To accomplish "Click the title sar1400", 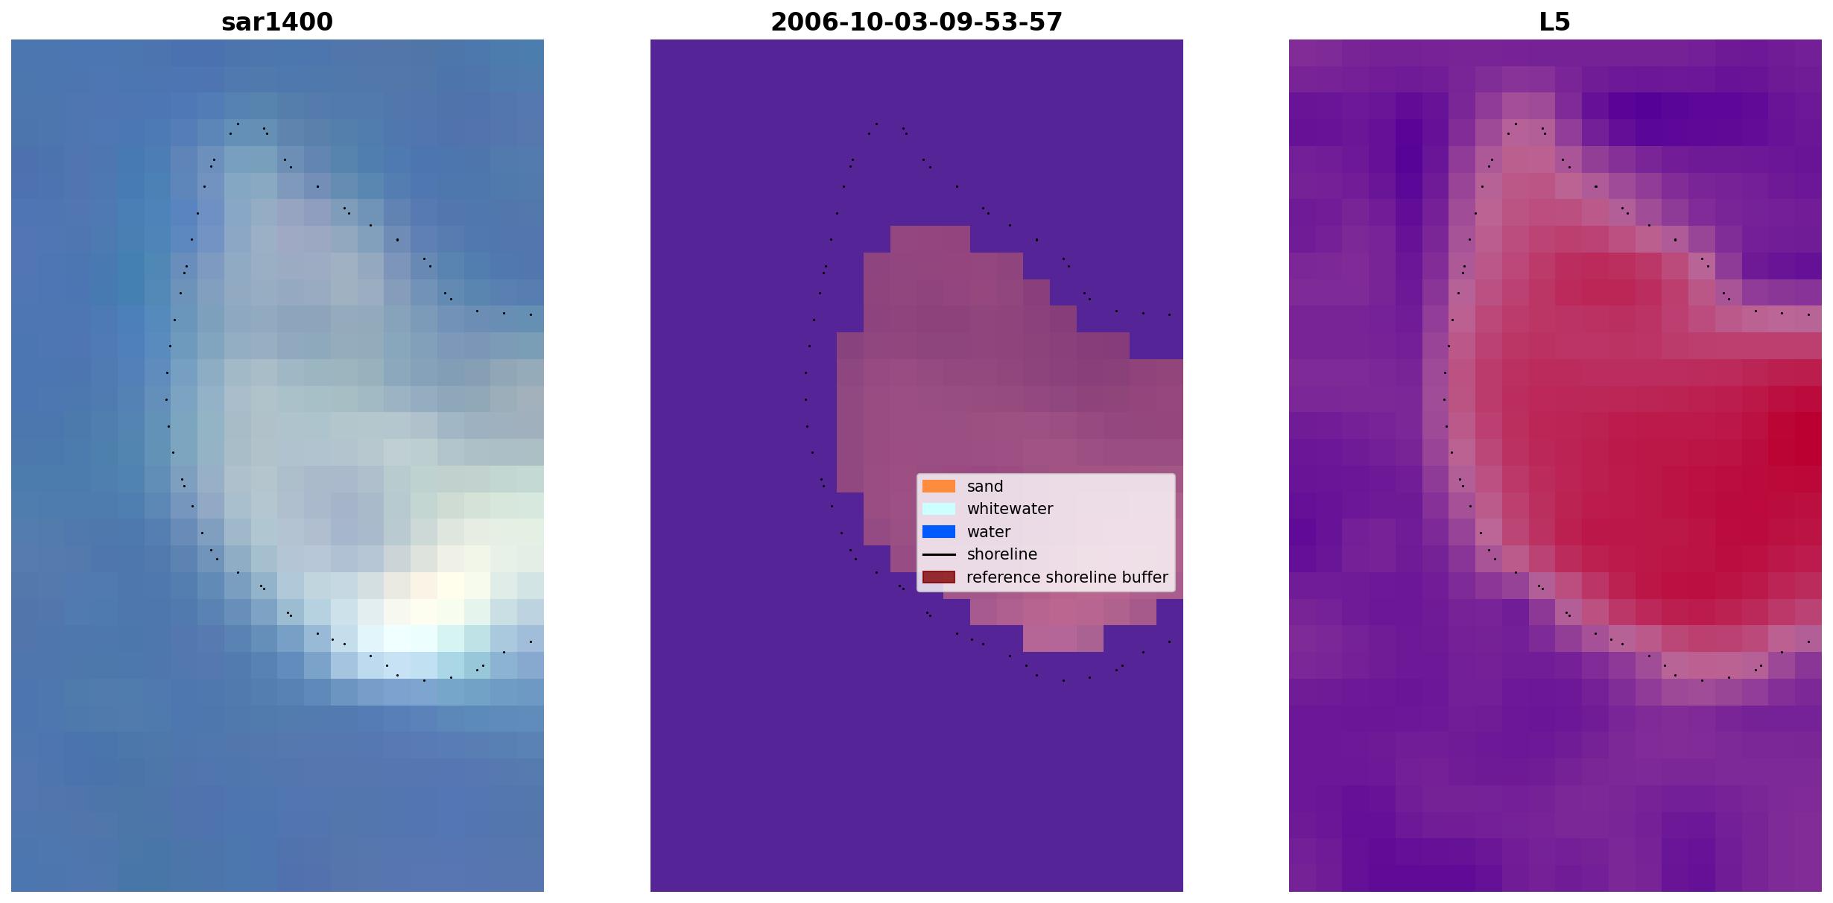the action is pyautogui.click(x=277, y=22).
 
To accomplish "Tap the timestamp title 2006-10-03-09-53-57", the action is pyautogui.click(x=916, y=22).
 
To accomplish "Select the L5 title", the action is pyautogui.click(x=1555, y=22).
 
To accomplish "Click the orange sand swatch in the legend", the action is pyautogui.click(x=939, y=487).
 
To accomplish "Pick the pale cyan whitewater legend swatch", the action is pyautogui.click(x=939, y=509).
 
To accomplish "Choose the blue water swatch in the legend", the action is pyautogui.click(x=939, y=532).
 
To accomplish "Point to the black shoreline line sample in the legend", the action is pyautogui.click(x=939, y=554).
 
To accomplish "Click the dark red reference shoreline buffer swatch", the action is pyautogui.click(x=939, y=577).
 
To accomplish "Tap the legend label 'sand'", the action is pyautogui.click(x=985, y=487).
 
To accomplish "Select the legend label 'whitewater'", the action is pyautogui.click(x=1010, y=509).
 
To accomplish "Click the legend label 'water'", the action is pyautogui.click(x=989, y=532).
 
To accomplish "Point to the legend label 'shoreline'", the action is pyautogui.click(x=1002, y=554).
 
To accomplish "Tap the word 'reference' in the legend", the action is pyautogui.click(x=1004, y=577).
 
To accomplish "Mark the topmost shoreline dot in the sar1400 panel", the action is pyautogui.click(x=238, y=124).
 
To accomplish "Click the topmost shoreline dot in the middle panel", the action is pyautogui.click(x=876, y=124).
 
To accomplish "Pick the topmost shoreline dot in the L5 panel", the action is pyautogui.click(x=1516, y=124).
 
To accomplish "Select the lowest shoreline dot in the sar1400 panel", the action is pyautogui.click(x=425, y=680).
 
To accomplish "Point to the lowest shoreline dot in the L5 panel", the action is pyautogui.click(x=1702, y=680).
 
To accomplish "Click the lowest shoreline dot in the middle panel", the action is pyautogui.click(x=1063, y=680).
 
